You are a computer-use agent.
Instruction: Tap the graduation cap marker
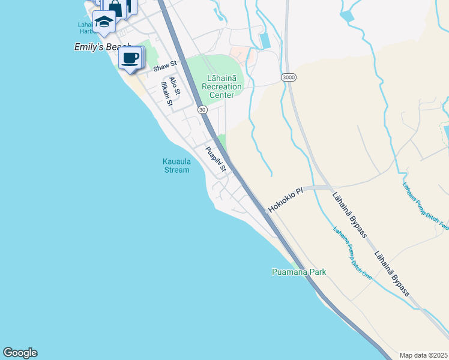(104, 21)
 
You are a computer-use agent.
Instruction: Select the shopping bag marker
(115, 7)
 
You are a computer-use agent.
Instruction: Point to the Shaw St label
(165, 67)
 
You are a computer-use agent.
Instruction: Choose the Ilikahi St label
(166, 95)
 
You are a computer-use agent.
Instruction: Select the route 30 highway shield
(202, 109)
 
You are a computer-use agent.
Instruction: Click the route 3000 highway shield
(289, 77)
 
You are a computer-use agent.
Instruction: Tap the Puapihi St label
(215, 160)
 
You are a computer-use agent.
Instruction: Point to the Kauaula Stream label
(176, 165)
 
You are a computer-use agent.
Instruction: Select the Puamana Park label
(298, 272)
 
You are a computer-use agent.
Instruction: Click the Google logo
(20, 353)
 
